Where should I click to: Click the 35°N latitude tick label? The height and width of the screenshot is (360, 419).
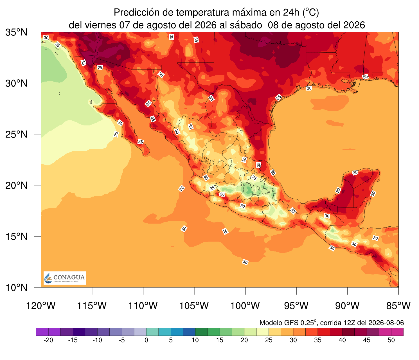click(x=16, y=32)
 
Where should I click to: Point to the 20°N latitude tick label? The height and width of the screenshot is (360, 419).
click(x=16, y=185)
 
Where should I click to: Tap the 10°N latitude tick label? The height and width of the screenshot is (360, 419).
click(x=16, y=287)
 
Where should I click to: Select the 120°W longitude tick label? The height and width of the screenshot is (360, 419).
click(x=41, y=306)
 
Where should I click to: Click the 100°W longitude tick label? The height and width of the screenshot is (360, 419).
click(x=245, y=306)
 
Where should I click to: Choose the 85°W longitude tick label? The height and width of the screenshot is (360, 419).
click(x=398, y=306)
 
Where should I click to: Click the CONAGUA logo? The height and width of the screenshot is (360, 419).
click(x=65, y=278)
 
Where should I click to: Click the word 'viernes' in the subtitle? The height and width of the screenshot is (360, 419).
click(x=101, y=25)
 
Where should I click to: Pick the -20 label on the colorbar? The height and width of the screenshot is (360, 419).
click(x=48, y=340)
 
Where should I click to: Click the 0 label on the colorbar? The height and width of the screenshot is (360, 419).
click(x=146, y=340)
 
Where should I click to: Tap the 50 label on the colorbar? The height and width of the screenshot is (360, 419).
click(x=391, y=340)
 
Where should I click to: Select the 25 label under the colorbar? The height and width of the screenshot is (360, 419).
click(x=269, y=340)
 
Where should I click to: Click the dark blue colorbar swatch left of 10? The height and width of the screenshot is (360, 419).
click(x=189, y=332)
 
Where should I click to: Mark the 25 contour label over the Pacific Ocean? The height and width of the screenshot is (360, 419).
click(x=116, y=134)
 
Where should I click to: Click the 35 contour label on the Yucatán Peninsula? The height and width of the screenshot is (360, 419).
click(x=355, y=173)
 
